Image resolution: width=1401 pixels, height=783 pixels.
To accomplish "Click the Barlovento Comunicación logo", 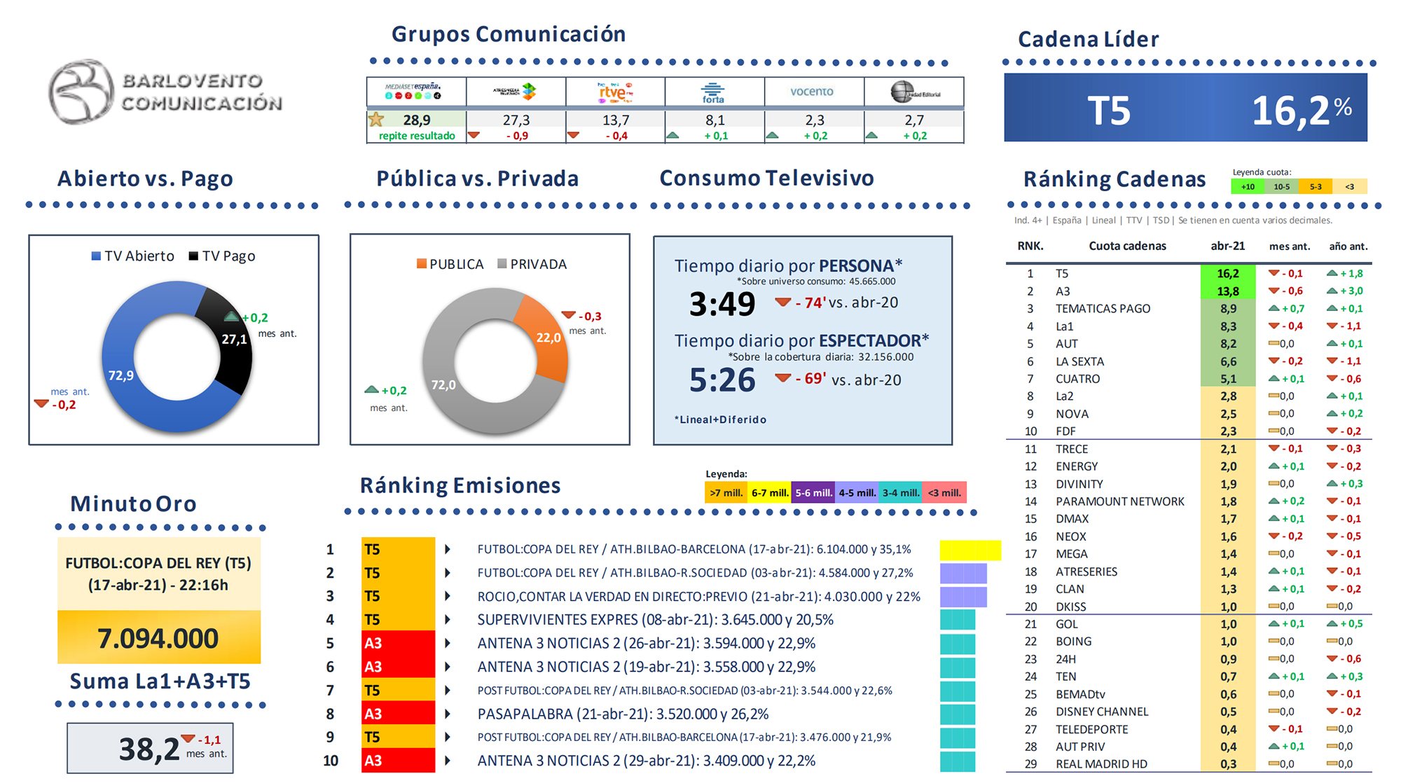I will click(165, 92).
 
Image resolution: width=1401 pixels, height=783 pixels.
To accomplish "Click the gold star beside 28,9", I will click(376, 119).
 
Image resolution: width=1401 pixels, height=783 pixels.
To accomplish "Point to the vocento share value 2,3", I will click(814, 120).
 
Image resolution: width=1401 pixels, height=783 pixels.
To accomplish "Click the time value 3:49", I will click(722, 304).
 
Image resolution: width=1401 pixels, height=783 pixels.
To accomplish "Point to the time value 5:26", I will click(722, 380).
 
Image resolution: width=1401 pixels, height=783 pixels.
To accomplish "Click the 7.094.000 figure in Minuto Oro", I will click(158, 638).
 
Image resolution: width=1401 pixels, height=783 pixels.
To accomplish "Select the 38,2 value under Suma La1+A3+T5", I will click(149, 749).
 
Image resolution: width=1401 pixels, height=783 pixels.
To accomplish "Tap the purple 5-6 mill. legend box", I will click(813, 492).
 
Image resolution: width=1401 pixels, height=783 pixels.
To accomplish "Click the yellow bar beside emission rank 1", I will click(969, 550).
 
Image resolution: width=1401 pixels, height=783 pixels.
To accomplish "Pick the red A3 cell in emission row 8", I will click(397, 714).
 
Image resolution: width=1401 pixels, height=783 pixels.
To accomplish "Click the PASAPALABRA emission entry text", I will click(622, 714).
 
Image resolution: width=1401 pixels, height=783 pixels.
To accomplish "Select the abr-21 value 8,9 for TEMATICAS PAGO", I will click(1227, 308).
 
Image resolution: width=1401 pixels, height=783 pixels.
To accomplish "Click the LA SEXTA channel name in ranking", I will click(1079, 361).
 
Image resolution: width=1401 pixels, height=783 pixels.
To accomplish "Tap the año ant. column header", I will click(1348, 246).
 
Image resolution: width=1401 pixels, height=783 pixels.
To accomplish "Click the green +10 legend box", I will click(1248, 186).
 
